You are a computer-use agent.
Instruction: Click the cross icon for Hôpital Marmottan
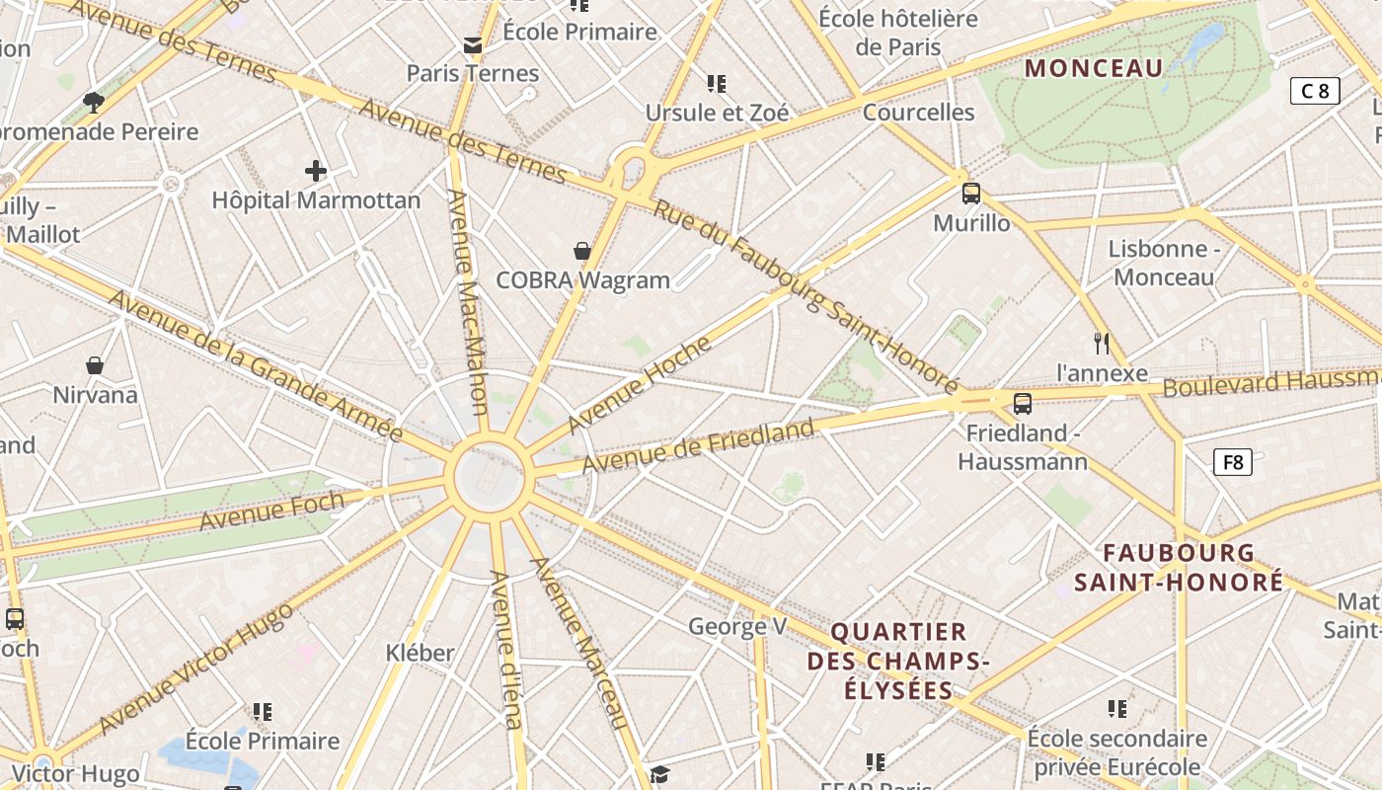pos(316,171)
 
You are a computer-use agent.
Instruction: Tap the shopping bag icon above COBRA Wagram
pos(582,251)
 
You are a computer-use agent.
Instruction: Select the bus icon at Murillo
pos(971,194)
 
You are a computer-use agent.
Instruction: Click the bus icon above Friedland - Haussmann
pos(1023,403)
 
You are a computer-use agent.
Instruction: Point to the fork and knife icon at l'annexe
pos(1102,344)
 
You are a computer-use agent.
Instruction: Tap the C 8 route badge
pos(1315,91)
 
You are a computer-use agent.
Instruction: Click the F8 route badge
pos(1232,461)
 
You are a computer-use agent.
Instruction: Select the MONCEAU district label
pos(1094,68)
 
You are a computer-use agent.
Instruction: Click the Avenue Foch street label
pos(271,510)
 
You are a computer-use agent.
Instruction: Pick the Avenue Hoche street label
pos(640,384)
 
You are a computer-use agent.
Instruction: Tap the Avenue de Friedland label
pos(698,445)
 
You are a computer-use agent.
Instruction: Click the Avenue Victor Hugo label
pos(196,668)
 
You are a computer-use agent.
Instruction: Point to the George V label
pos(737,626)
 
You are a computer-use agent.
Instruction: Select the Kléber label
pos(421,653)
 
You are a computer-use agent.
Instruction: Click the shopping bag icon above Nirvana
pos(95,366)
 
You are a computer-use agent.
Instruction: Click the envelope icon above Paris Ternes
pos(473,45)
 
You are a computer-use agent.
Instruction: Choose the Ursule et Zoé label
pos(718,113)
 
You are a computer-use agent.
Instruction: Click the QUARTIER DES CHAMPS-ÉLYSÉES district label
pos(898,661)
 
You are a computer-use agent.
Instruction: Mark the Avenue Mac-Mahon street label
pos(469,301)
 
